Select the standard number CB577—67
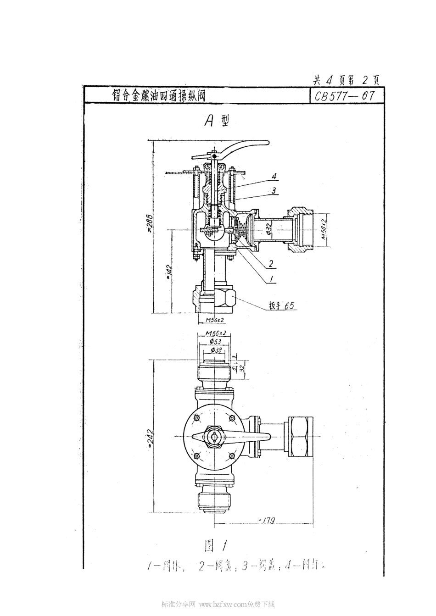tap(343, 96)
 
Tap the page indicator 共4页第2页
tap(346, 80)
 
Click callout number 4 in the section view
tap(274, 176)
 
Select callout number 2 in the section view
tap(271, 264)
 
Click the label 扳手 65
tap(281, 306)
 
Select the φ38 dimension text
tap(214, 350)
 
